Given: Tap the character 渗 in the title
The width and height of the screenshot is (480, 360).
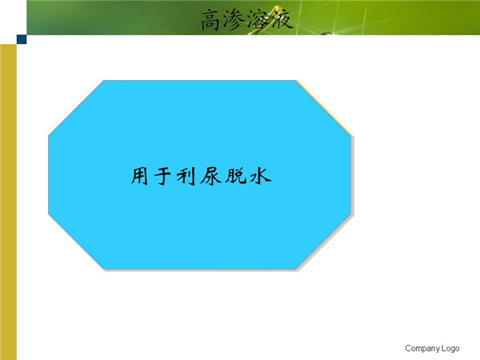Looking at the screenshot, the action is point(234,19).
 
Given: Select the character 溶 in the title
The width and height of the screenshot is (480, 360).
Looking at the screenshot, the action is point(258,19).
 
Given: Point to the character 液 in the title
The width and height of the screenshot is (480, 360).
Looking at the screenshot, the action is point(281,18).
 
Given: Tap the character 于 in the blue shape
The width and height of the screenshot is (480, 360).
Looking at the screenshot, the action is point(162,176).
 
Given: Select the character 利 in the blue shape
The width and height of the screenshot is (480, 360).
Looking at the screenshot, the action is point(186,176).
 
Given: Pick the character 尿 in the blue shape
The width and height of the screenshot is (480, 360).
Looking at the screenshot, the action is point(210,176).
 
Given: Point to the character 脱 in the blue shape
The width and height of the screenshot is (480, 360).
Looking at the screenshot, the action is point(236,176).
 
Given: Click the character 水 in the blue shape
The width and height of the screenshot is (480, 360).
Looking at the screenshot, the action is point(261,176).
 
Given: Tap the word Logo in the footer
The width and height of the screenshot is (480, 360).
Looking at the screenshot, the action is point(450,348).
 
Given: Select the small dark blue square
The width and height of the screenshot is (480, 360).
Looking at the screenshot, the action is point(22,39).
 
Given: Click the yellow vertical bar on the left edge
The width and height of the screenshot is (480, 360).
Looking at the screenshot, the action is point(8,202).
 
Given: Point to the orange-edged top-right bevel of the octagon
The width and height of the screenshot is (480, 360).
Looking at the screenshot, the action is point(324,107).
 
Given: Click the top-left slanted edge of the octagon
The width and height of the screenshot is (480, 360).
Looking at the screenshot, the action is point(76,107).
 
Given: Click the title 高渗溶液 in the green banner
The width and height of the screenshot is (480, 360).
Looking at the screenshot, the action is point(246,19).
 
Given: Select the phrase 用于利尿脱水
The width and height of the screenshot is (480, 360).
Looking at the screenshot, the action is point(201,176).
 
